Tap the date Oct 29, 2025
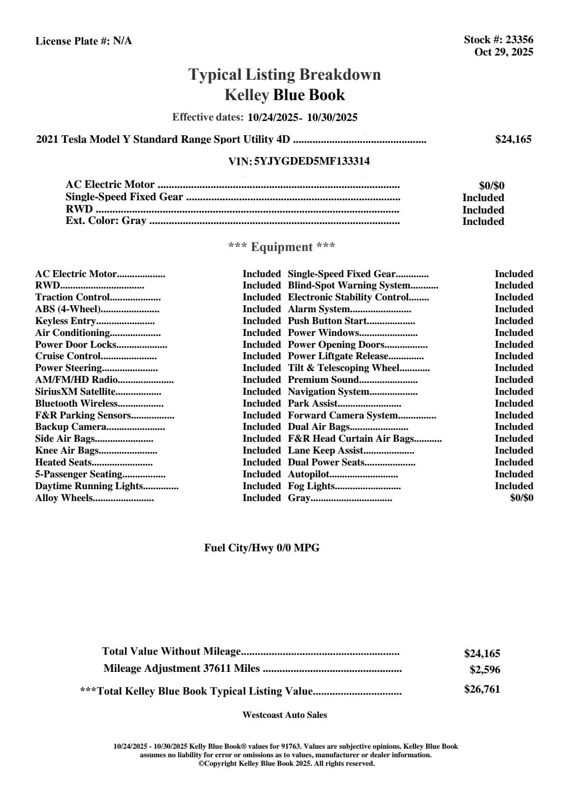[x=504, y=52]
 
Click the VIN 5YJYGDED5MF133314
[x=312, y=161]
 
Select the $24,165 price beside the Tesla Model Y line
[x=513, y=139]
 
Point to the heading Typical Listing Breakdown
[x=285, y=74]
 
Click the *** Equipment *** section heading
[x=282, y=247]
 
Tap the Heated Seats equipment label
[x=64, y=462]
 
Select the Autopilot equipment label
[x=308, y=474]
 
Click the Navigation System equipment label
[x=328, y=391]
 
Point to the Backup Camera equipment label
[x=70, y=427]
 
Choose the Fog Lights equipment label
[x=311, y=486]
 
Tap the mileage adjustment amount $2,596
[x=485, y=670]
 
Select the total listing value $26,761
[x=482, y=689]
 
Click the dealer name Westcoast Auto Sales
[x=284, y=715]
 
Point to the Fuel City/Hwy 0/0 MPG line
[x=262, y=548]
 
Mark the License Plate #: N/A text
[x=84, y=41]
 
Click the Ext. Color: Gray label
[x=106, y=221]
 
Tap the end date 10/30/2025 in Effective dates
[x=332, y=117]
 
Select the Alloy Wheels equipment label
[x=64, y=498]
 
